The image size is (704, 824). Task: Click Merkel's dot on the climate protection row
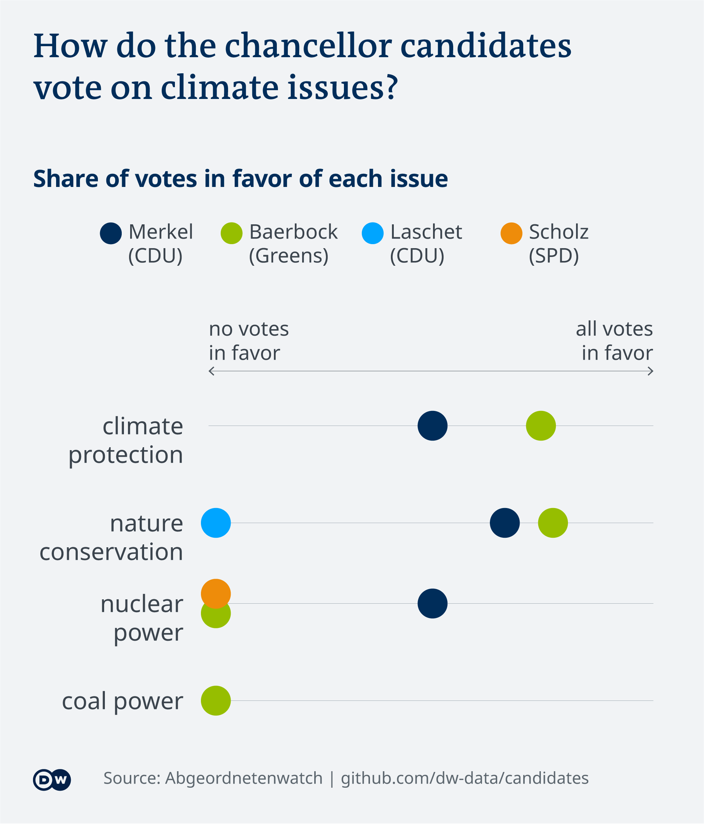coord(432,426)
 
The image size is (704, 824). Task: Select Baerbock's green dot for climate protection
coord(540,426)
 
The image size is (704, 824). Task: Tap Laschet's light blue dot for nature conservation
coord(216,523)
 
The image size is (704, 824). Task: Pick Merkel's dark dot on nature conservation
coord(504,523)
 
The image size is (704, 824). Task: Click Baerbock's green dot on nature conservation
coord(553,523)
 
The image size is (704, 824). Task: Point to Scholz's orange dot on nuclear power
coord(216,593)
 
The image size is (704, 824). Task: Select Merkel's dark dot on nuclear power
coord(432,603)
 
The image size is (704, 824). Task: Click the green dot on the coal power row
coord(216,700)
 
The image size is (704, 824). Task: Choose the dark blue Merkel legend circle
coord(111,233)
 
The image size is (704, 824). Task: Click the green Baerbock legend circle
coord(231,233)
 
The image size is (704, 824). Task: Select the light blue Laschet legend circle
coord(372,233)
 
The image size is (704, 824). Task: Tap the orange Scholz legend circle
coord(511,233)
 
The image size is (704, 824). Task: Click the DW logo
coord(52,779)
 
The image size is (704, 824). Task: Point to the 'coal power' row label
coord(122,701)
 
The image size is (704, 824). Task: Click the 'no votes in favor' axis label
coord(249,341)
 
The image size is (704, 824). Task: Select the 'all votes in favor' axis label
coord(615,341)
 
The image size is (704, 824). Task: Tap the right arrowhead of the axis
coord(651,371)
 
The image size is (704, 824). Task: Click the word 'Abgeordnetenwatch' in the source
coord(243,778)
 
